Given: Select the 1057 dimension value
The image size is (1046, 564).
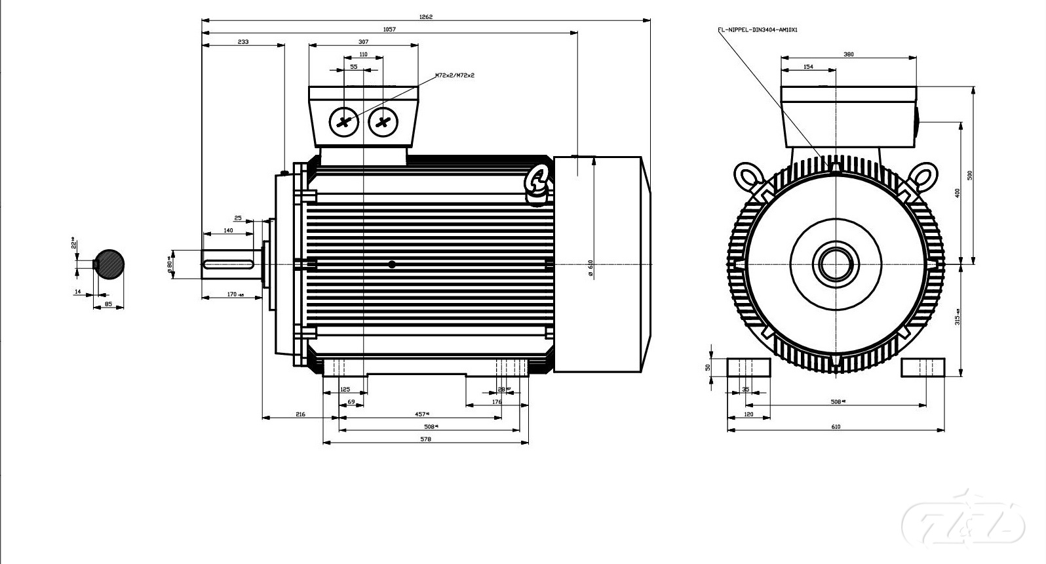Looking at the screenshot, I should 389,29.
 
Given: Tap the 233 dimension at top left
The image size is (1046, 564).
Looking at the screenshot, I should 243,41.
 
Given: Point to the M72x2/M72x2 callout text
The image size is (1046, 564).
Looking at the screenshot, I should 455,75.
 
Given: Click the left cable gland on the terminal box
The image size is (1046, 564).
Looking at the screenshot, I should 344,121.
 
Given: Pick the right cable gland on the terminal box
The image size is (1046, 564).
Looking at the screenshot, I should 383,121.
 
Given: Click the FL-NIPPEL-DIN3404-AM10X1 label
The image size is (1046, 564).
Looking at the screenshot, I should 758,30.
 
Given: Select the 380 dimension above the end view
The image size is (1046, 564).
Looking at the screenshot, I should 848,54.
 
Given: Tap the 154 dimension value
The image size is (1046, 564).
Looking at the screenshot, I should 808,66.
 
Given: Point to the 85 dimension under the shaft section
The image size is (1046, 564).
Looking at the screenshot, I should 109,304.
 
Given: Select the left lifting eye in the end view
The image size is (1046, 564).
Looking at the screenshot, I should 748,176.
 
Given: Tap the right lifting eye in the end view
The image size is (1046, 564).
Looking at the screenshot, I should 923,176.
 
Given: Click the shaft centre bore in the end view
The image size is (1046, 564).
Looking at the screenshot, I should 836,264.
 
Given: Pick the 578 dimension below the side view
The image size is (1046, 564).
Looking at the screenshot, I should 425,439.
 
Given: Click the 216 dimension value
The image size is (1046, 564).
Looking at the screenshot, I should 300,414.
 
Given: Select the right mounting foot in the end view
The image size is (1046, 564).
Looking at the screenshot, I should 923,367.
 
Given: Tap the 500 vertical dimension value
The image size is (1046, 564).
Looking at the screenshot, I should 970,175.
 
